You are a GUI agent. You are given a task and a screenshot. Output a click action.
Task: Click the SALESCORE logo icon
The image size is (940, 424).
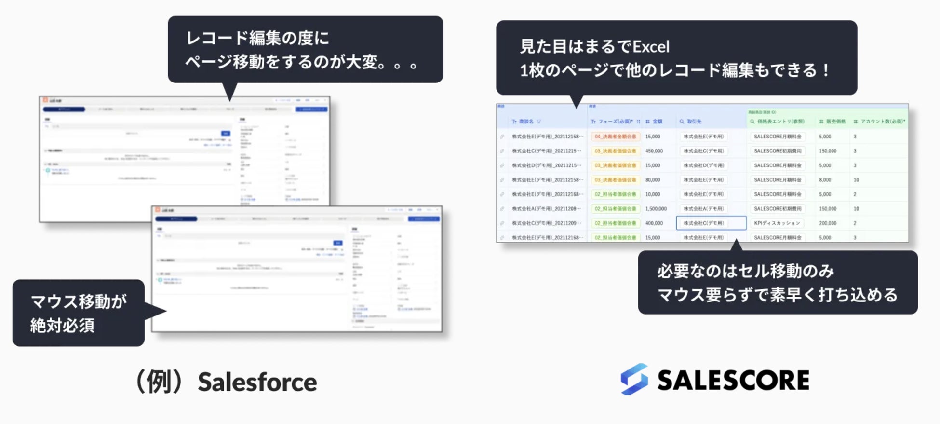point(634,379)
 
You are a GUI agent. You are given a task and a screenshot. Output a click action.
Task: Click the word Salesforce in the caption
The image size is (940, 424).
point(257,383)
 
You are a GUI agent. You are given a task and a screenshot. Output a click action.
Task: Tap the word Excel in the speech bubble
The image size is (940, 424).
point(651,47)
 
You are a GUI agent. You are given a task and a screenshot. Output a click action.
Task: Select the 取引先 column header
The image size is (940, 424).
point(694,122)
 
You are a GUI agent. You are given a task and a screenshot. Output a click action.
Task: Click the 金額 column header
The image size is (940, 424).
point(657,122)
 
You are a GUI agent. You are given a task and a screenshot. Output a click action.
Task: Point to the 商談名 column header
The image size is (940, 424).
point(526,122)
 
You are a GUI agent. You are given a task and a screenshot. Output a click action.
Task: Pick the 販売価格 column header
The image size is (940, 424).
point(835,122)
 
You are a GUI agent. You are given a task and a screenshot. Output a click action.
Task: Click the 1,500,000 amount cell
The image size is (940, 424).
point(656,209)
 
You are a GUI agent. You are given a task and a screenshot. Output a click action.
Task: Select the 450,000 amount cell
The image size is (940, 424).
point(654,151)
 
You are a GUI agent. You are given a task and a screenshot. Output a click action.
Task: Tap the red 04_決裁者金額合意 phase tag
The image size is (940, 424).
point(615,137)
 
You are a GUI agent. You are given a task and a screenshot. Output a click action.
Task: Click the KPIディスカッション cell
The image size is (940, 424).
point(777,223)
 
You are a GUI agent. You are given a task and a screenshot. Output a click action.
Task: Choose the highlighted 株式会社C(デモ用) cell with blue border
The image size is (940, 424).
point(711,223)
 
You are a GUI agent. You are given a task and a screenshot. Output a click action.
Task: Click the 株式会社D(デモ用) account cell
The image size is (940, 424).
point(703,165)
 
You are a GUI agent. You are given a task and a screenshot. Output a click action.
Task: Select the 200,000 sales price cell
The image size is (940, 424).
point(827,223)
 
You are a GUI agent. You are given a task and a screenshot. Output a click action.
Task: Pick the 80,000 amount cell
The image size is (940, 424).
point(653,180)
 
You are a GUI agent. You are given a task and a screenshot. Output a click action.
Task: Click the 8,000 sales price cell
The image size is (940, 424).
point(825,180)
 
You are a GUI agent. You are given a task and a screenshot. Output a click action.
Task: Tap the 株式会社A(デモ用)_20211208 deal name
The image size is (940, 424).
point(547,209)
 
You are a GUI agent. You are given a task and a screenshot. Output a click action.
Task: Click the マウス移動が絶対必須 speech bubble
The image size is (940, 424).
point(79,313)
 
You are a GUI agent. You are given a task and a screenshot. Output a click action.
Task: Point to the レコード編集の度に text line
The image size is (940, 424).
point(257,38)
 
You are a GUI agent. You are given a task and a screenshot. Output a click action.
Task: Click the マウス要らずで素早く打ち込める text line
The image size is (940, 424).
point(777,295)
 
